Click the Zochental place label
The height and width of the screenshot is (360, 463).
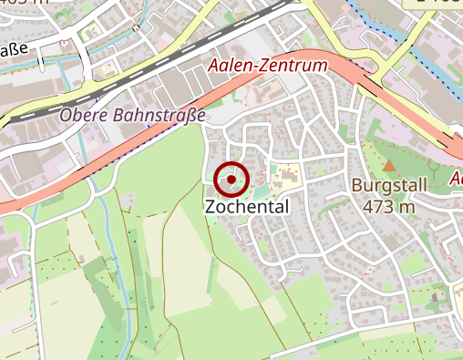point(247,207)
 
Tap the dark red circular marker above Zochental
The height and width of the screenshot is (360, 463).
point(232,180)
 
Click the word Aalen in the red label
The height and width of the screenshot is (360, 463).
point(228,66)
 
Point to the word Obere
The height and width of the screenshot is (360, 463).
point(84,116)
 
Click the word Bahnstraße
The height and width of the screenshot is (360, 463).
point(159,116)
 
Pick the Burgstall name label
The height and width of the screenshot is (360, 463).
point(388,186)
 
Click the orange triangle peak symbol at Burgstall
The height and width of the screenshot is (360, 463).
point(389,166)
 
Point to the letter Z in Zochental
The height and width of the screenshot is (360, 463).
point(211,207)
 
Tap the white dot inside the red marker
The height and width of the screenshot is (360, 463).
point(232,180)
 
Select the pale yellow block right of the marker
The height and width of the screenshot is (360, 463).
point(288,173)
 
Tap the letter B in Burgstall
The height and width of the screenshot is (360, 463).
point(357,186)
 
